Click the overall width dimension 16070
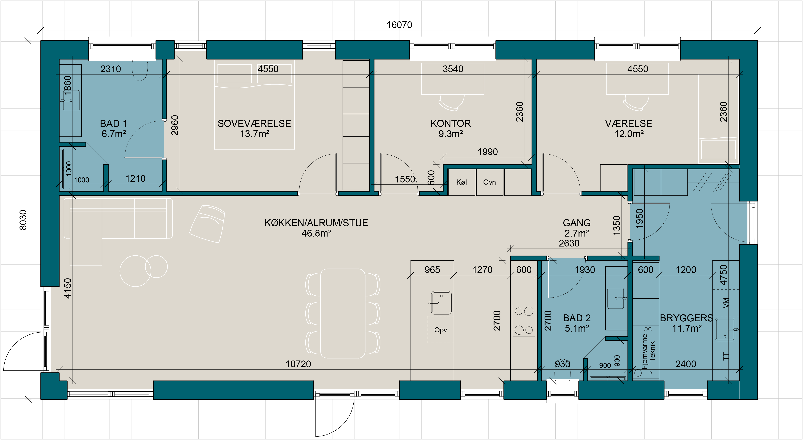tap(399, 25)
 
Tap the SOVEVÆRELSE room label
tap(254, 123)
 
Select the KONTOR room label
tap(451, 123)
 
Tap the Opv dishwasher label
tap(441, 330)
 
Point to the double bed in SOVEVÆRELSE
tap(254, 104)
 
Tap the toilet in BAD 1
tap(140, 70)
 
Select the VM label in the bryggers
tap(726, 303)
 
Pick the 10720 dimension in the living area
tap(298, 364)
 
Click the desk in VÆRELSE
tap(637, 79)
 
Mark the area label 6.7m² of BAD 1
tap(114, 134)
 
